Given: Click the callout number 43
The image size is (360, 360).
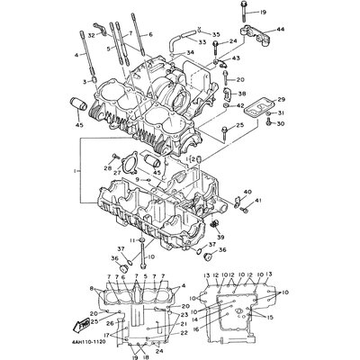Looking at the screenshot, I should point(237,58).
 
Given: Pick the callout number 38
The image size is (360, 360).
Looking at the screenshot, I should point(240,94).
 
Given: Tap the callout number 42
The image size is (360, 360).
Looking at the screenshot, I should point(239,106).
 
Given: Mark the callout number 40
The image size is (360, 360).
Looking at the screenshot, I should point(247,192).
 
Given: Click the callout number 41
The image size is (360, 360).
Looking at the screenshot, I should point(258,201).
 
